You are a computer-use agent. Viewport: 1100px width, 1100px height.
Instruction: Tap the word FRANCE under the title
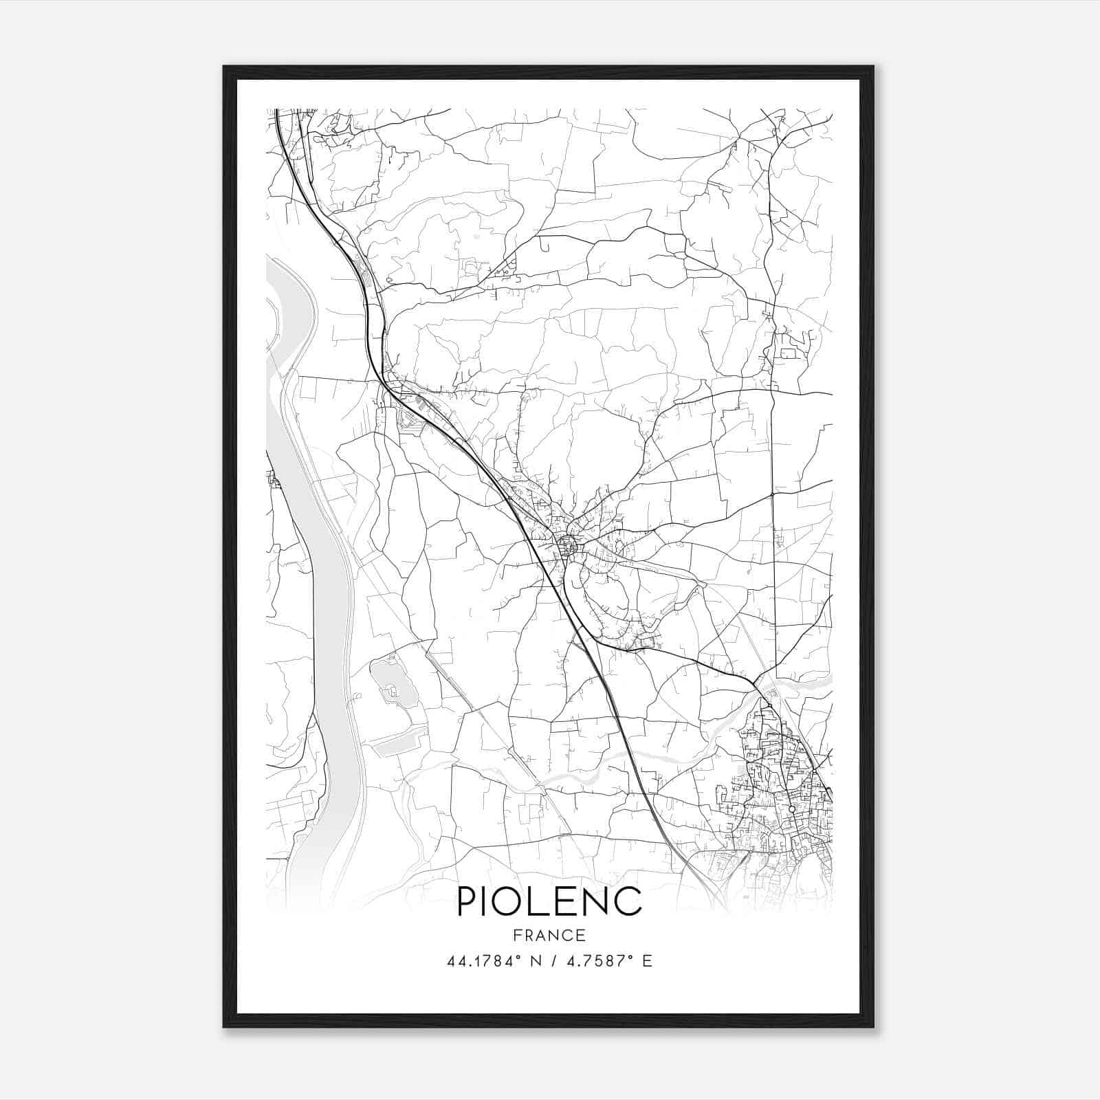(x=549, y=935)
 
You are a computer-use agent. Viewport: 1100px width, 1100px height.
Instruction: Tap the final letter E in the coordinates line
(x=647, y=961)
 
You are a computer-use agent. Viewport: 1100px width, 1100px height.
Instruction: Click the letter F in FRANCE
(x=517, y=935)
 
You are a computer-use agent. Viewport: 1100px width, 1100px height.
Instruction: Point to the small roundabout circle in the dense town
(x=792, y=809)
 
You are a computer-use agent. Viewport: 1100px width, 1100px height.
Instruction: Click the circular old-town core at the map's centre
(x=568, y=547)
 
